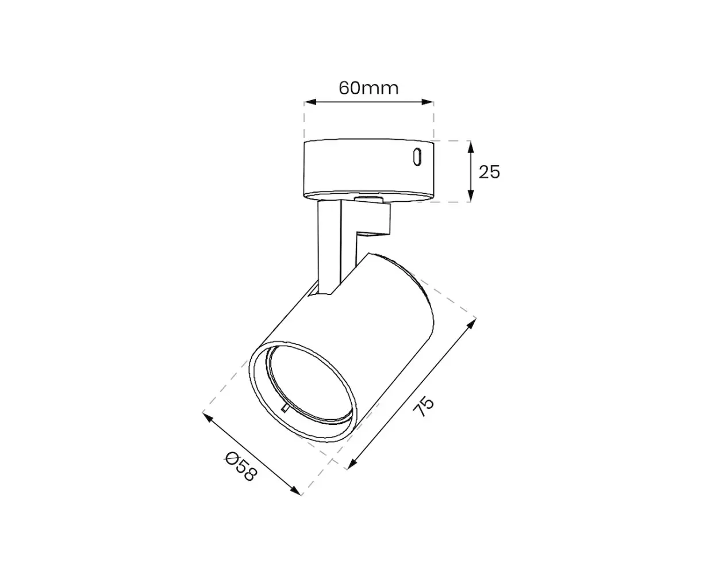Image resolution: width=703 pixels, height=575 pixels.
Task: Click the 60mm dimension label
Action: [x=368, y=89]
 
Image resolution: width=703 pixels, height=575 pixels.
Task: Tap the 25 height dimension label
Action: [x=489, y=172]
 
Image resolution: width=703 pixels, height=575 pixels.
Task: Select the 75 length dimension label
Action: [x=424, y=407]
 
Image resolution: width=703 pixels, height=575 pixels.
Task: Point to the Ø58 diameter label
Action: [x=241, y=467]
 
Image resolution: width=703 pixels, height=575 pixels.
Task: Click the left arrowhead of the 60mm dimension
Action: [x=310, y=102]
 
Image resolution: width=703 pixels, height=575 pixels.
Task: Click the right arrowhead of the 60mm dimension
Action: [x=428, y=102]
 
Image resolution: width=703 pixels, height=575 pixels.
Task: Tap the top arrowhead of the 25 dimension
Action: [x=470, y=147]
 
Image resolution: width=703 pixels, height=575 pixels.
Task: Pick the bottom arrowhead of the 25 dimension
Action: [x=470, y=195]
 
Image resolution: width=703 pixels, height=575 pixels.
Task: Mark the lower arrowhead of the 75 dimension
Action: [x=352, y=464]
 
